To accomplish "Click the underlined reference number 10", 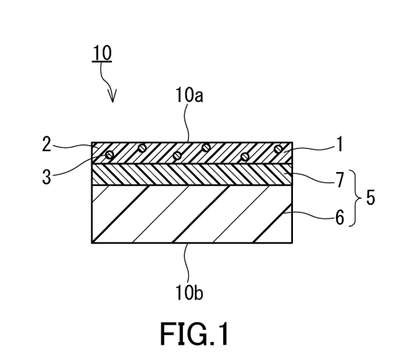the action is click(x=102, y=54).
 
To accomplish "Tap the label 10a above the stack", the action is click(x=189, y=96).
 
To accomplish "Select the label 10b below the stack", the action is click(x=189, y=293).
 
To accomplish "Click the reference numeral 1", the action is click(x=339, y=145).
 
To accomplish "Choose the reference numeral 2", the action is click(x=47, y=145).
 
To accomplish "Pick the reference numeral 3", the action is click(x=47, y=177).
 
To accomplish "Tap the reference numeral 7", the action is click(x=339, y=180).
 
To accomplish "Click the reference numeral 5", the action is click(x=370, y=198).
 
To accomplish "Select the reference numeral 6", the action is click(x=339, y=218).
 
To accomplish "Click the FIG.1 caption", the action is click(x=195, y=334).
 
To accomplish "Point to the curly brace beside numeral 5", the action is click(x=356, y=198).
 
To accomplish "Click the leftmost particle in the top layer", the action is click(x=109, y=154).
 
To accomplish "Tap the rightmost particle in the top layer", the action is click(x=277, y=149).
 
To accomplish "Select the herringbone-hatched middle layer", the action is click(x=192, y=174).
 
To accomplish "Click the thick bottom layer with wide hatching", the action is click(x=192, y=214).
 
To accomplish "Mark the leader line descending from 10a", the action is click(x=189, y=123).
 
